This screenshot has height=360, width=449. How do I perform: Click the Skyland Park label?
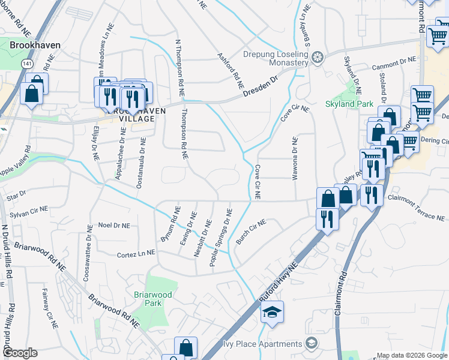[349, 104]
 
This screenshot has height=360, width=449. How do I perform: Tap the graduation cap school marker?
[272, 313]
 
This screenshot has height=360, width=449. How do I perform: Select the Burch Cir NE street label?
[250, 232]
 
